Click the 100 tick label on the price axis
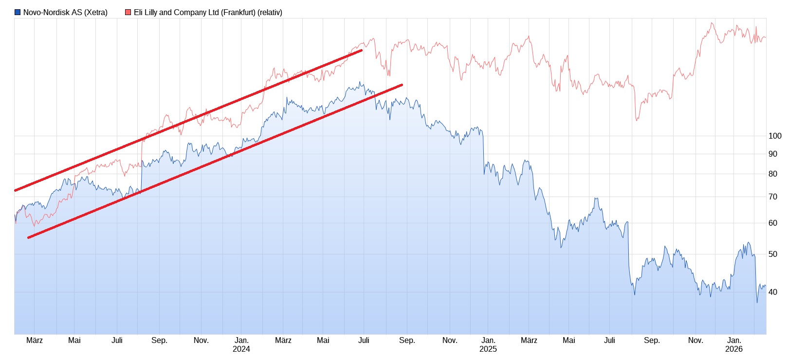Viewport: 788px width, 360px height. (774, 136)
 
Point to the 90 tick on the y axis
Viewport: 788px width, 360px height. (772, 154)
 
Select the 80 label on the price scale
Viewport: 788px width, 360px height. (772, 174)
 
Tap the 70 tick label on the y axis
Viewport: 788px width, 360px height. (772, 197)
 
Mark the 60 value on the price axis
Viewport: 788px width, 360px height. (772, 223)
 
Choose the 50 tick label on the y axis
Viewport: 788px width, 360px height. (772, 254)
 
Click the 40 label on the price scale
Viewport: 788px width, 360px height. (772, 292)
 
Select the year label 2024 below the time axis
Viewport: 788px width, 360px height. (241, 349)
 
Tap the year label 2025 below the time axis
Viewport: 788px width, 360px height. (488, 349)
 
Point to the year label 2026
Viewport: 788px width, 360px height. (734, 349)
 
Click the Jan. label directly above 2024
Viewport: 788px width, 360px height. (241, 341)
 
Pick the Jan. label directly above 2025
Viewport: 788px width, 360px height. (488, 341)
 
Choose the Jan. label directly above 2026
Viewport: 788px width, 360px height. (734, 341)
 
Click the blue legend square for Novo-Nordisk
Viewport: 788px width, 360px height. (18, 12)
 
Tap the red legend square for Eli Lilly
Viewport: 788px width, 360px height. (128, 12)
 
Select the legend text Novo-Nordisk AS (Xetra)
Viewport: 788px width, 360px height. (65, 13)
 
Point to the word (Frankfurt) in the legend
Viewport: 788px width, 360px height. (238, 13)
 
